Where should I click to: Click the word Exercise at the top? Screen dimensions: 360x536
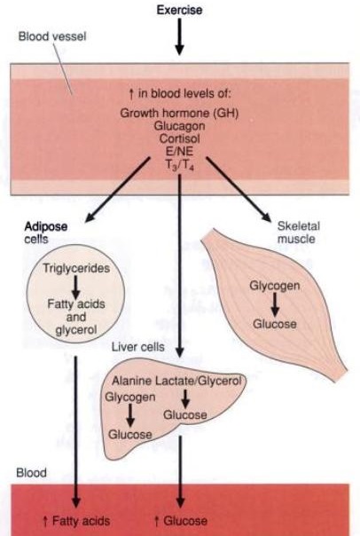[179, 10]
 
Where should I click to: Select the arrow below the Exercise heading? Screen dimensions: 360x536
[179, 36]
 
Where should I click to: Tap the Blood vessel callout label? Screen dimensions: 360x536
[52, 36]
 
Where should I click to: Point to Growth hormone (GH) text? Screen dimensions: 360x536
[179, 114]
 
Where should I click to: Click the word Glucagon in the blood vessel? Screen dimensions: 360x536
[179, 126]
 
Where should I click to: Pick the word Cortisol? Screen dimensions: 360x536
[180, 138]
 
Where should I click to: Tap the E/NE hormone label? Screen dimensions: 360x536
[179, 151]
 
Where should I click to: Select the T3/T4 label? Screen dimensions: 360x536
[180, 165]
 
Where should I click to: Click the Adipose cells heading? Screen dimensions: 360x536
[46, 233]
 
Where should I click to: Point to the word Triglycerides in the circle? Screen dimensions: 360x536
[76, 268]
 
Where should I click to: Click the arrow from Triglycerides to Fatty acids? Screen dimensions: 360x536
[76, 287]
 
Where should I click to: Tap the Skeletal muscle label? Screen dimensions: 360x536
[299, 233]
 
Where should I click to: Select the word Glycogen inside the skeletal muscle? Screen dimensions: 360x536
[275, 286]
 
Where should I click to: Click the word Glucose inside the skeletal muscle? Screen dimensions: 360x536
[275, 324]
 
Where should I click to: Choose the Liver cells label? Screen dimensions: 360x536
[138, 347]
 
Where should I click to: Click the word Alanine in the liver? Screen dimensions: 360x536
[132, 381]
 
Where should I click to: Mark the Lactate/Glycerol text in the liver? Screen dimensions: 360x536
[199, 381]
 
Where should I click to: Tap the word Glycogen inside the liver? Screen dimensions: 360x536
[130, 398]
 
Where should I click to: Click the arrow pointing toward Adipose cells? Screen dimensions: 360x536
[118, 190]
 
